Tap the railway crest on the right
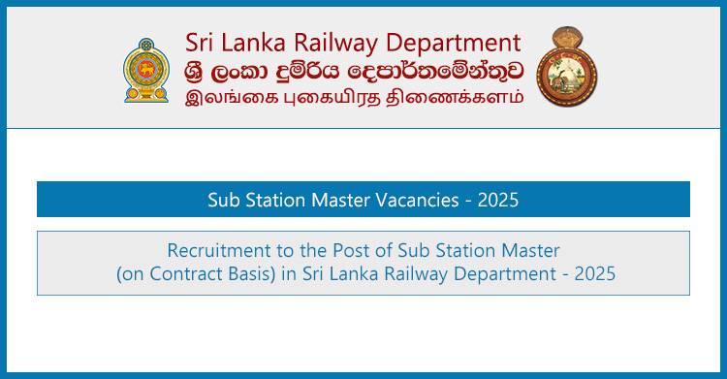pyautogui.click(x=567, y=68)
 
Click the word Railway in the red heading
pyautogui.click(x=330, y=43)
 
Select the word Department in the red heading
pyautogui.click(x=453, y=44)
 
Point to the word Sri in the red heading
pyautogui.click(x=202, y=43)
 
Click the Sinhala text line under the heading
pyautogui.click(x=355, y=70)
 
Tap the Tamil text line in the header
pyautogui.click(x=355, y=96)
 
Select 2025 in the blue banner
pyautogui.click(x=497, y=201)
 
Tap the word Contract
pyautogui.click(x=174, y=274)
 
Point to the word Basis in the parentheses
pyautogui.click(x=233, y=274)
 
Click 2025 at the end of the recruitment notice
pyautogui.click(x=593, y=274)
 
